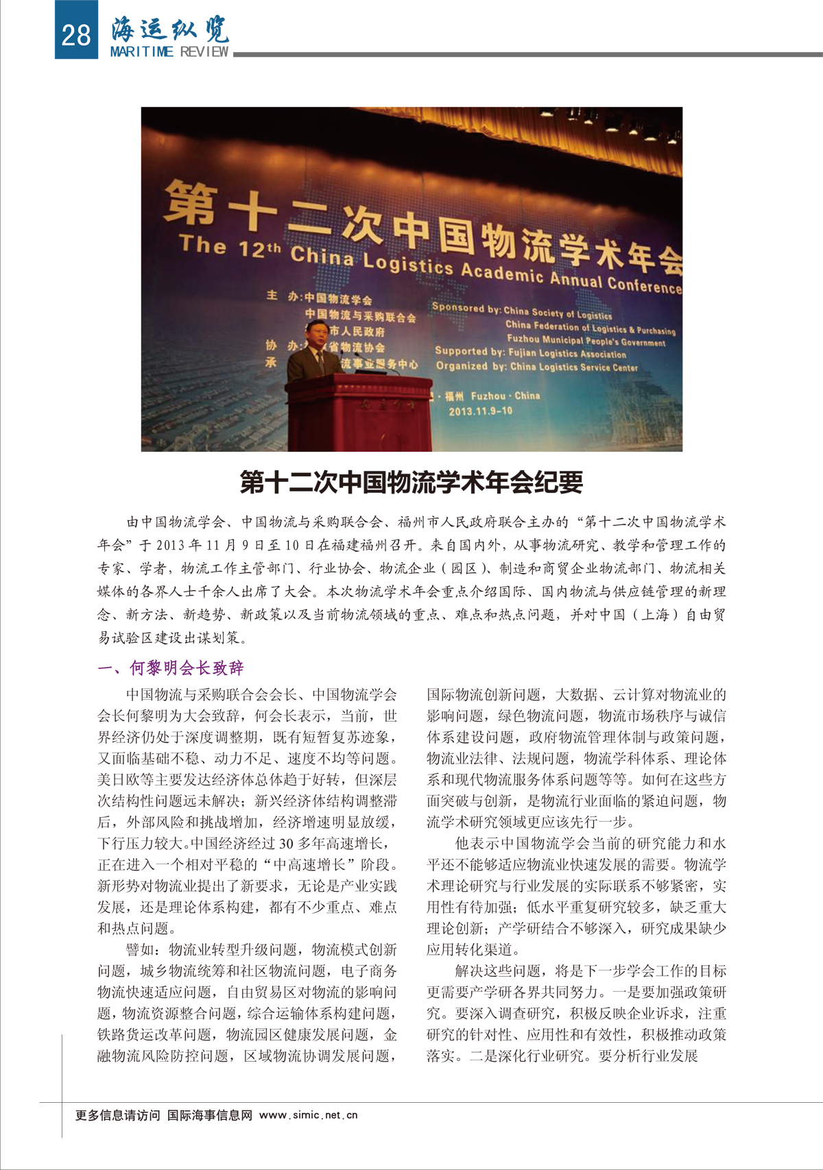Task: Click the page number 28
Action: click(x=75, y=34)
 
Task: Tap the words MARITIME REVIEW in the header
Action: click(x=169, y=52)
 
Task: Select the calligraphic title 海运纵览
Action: click(x=170, y=28)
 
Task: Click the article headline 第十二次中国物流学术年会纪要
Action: click(x=411, y=482)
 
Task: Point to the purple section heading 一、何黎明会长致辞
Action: click(x=171, y=668)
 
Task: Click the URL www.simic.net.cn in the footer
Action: click(x=309, y=1115)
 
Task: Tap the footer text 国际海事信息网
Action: click(x=210, y=1115)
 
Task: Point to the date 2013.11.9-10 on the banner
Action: click(x=480, y=411)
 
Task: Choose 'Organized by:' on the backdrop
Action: click(x=471, y=366)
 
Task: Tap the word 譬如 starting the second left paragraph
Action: click(x=141, y=949)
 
